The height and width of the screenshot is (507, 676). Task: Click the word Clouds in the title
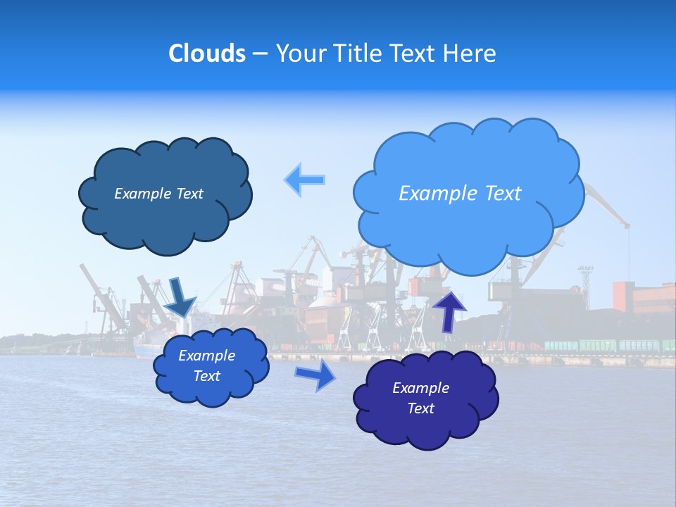coord(206,54)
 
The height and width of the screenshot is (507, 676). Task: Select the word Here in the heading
coord(471,54)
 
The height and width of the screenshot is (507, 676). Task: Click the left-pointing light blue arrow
coord(305,180)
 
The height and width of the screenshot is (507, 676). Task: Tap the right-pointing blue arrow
coord(315,375)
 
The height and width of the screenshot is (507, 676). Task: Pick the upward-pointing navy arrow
coord(449,311)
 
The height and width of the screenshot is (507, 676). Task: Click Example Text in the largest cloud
coord(460,194)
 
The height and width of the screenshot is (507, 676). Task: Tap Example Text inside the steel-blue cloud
coord(158,194)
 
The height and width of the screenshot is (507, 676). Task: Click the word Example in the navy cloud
coord(420,388)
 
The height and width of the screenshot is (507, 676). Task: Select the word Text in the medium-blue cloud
coord(207,376)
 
